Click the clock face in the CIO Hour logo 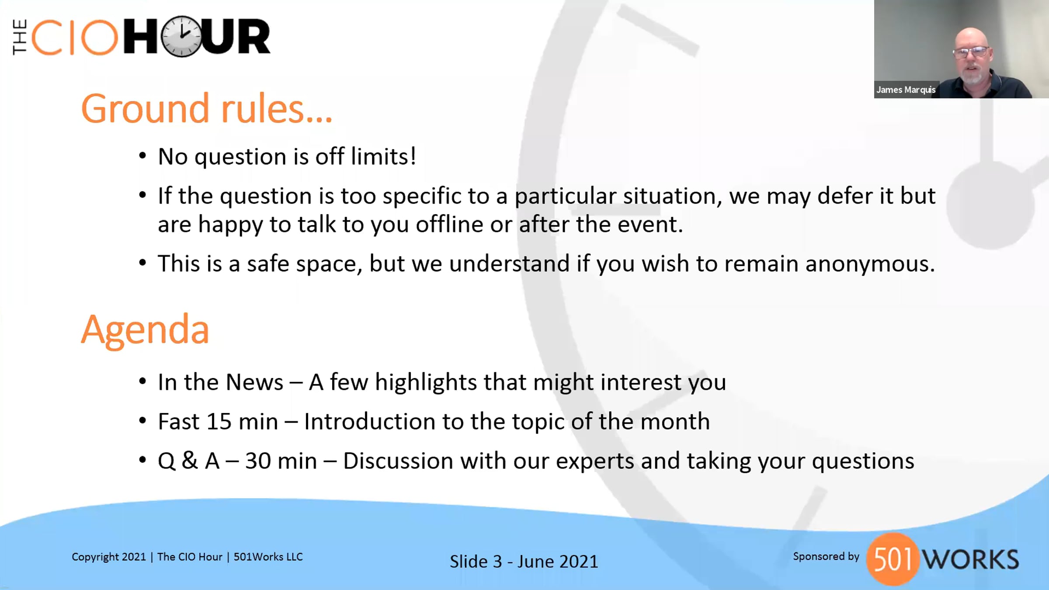pyautogui.click(x=182, y=37)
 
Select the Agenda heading pyautogui.click(x=145, y=331)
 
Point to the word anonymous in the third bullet pyautogui.click(x=870, y=264)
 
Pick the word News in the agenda pyautogui.click(x=254, y=382)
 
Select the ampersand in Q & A pyautogui.click(x=190, y=461)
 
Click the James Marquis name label pyautogui.click(x=906, y=90)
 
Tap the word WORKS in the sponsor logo pyautogui.click(x=970, y=559)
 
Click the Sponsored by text pyautogui.click(x=826, y=556)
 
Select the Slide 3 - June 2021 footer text pyautogui.click(x=524, y=562)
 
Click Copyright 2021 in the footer pyautogui.click(x=108, y=557)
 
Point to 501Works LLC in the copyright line pyautogui.click(x=268, y=557)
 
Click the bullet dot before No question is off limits pyautogui.click(x=142, y=156)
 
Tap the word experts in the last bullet pyautogui.click(x=595, y=462)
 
